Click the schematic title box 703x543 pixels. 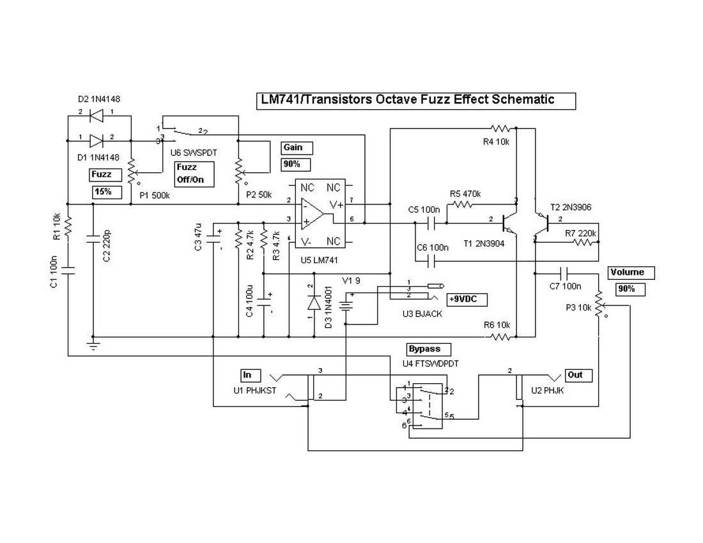(415, 100)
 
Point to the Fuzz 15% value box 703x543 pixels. (104, 191)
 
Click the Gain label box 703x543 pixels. (297, 148)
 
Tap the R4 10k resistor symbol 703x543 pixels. (498, 128)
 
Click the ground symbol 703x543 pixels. (93, 346)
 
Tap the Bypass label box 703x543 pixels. (428, 349)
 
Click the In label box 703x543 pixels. (247, 374)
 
